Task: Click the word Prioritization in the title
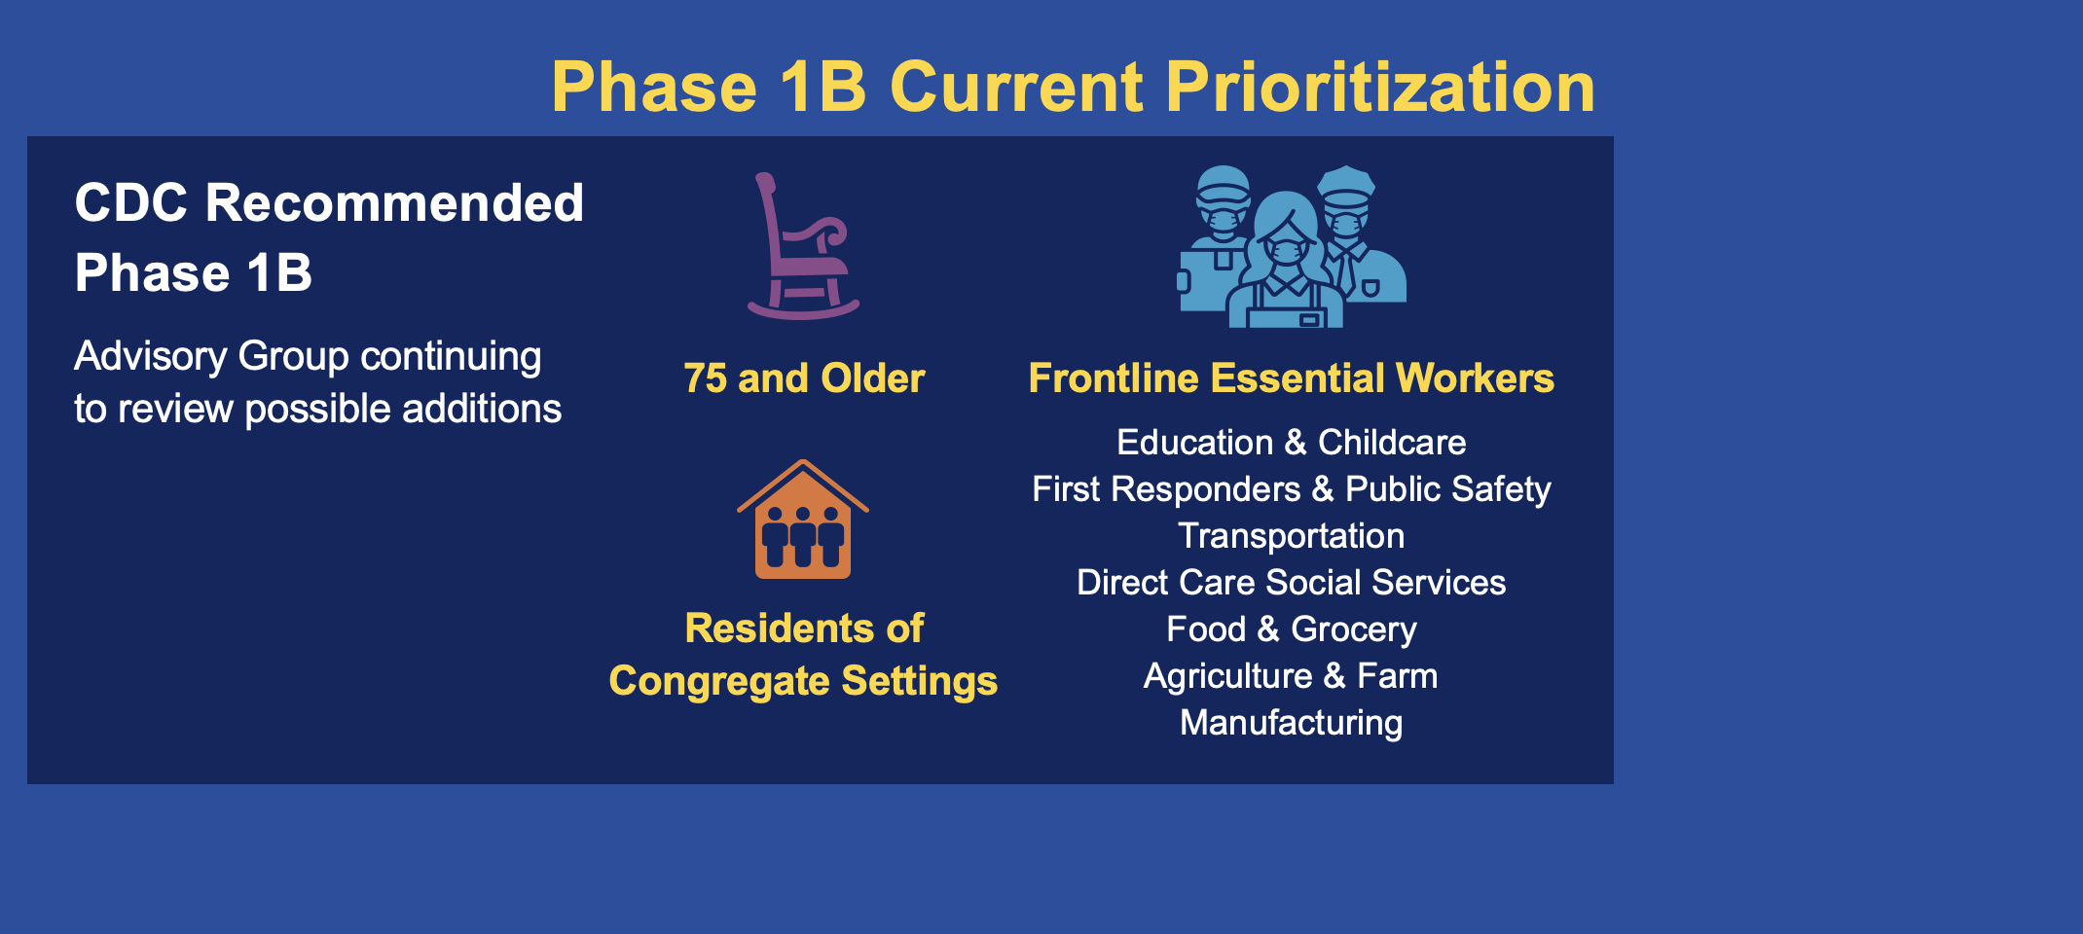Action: tap(1380, 88)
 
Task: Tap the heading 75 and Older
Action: tap(804, 378)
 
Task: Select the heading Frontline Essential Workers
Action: tap(1292, 378)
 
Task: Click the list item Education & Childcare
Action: tap(1292, 443)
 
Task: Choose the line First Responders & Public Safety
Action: tap(1292, 489)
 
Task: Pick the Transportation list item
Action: tap(1292, 536)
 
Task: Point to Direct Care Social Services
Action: tap(1292, 583)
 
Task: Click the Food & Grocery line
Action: tap(1292, 629)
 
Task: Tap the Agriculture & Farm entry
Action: tap(1292, 676)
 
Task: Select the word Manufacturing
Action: tap(1292, 723)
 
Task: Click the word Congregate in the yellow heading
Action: tap(719, 682)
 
